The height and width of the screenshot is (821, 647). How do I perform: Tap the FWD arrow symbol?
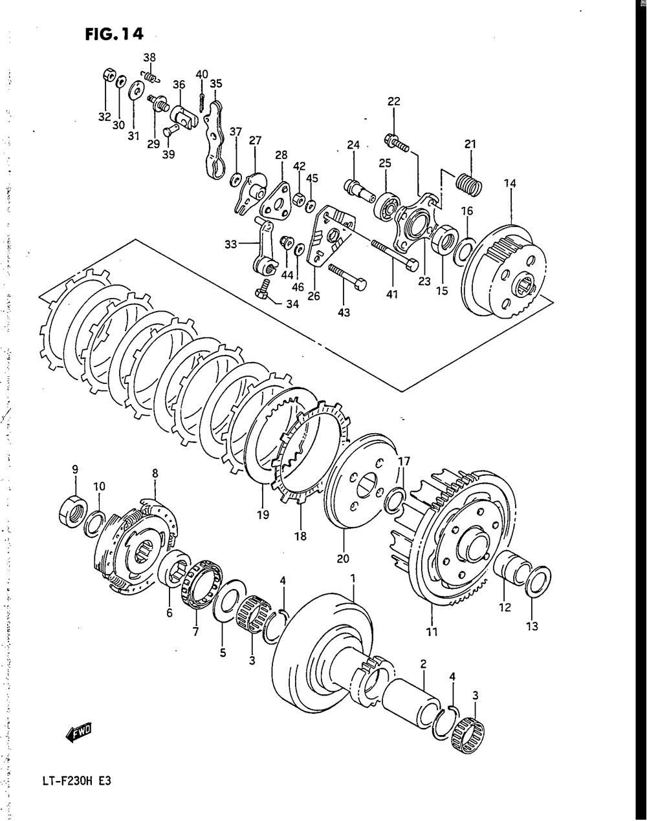coord(80,732)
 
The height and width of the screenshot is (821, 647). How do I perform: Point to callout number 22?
coord(394,101)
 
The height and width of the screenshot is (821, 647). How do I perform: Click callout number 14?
coord(510,184)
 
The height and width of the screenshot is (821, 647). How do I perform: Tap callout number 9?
coord(75,469)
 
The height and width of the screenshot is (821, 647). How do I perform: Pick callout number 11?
coord(432,632)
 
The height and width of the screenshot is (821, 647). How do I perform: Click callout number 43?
coord(343,313)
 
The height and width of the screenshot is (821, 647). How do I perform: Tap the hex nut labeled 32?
coord(108,75)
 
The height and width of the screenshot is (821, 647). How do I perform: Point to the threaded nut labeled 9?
coord(74,507)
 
